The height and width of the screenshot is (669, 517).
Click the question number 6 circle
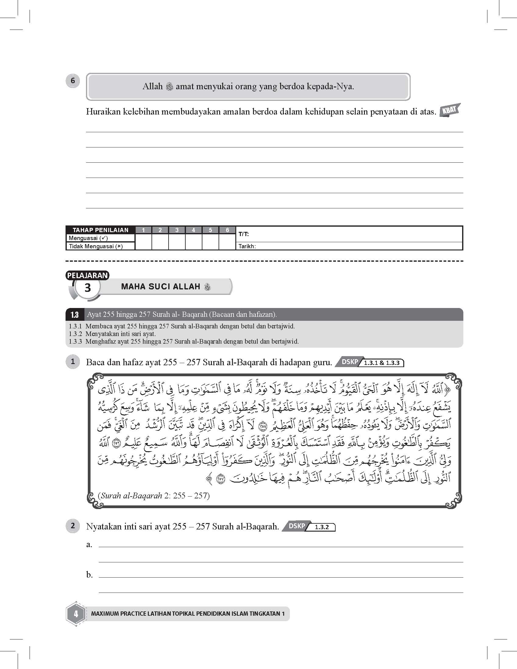tap(73, 81)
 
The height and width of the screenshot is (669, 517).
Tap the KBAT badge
tap(449, 111)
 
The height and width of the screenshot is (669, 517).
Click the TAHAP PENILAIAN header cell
tap(100, 230)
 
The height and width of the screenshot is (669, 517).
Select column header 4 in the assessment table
tap(193, 230)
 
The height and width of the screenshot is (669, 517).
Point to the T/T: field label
tap(244, 234)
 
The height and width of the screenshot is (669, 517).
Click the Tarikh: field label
tap(247, 246)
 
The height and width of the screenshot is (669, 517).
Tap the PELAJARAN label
tap(87, 275)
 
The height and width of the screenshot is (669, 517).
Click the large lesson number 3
tap(88, 288)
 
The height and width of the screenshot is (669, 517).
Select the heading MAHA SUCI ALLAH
tap(161, 287)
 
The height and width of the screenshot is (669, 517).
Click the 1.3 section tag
tap(74, 315)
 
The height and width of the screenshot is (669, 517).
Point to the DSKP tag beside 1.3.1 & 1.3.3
tap(350, 362)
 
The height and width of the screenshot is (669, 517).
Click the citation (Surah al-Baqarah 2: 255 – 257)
tap(154, 495)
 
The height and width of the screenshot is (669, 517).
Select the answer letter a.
tap(89, 544)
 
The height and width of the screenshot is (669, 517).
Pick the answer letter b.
tap(89, 575)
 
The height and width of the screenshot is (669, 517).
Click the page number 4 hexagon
tap(76, 614)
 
